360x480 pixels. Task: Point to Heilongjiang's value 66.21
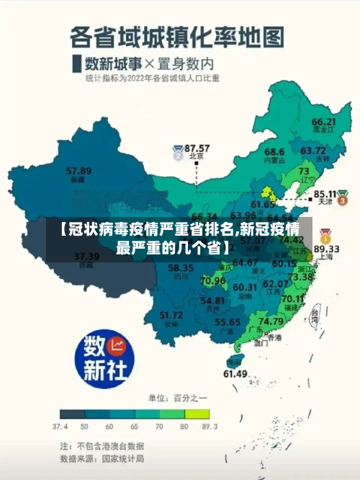[x=324, y=122]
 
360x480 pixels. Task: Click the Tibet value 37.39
[x=87, y=256]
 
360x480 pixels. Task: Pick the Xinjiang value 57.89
[x=78, y=171]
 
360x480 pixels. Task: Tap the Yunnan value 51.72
[x=171, y=314]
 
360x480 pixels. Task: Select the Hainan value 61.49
[x=235, y=373]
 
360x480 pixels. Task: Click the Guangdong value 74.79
[x=271, y=321]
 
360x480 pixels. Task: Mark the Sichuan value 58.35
[x=181, y=268]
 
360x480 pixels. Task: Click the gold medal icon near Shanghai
[x=325, y=235]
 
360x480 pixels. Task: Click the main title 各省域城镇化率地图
[x=176, y=36]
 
